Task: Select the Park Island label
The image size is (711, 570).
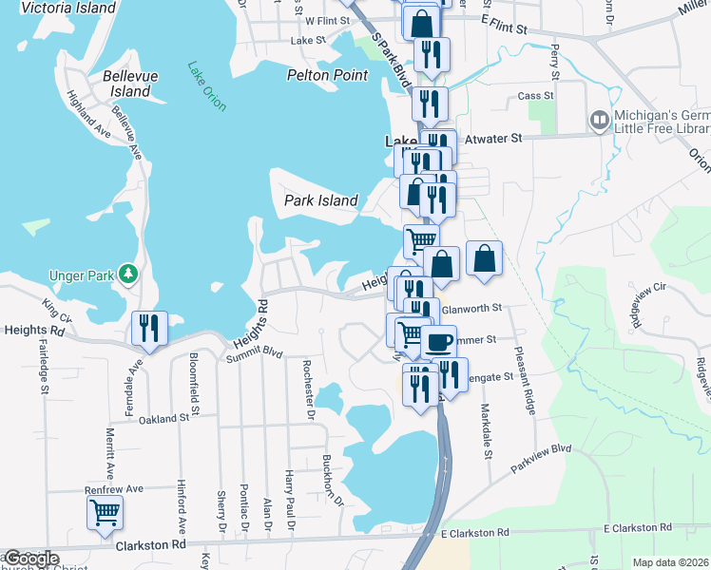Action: click(321, 200)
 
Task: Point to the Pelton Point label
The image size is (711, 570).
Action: click(326, 75)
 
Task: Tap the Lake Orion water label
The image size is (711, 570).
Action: click(207, 86)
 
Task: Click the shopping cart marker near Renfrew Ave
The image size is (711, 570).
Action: click(105, 512)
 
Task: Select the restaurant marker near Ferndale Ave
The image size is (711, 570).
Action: click(149, 328)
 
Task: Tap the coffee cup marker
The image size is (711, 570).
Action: click(438, 341)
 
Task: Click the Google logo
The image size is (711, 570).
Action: click(30, 559)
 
